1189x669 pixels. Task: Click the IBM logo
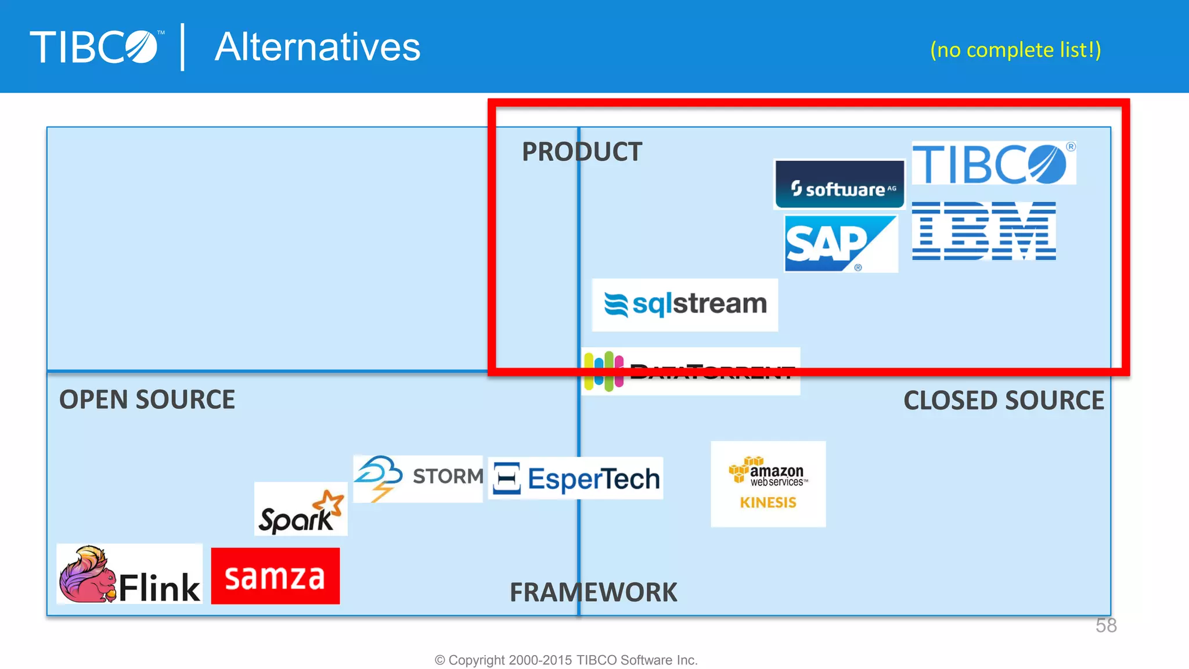click(983, 231)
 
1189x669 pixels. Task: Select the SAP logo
click(840, 243)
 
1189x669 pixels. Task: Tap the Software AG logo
click(840, 185)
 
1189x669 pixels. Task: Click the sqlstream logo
click(685, 305)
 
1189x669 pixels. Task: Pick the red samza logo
click(275, 576)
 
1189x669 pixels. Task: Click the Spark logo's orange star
click(332, 502)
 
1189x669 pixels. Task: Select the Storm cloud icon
click(379, 476)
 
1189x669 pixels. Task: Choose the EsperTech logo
click(576, 479)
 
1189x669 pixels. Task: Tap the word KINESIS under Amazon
click(768, 503)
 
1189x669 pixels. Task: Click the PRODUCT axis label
click(582, 152)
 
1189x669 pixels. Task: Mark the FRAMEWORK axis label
click(593, 593)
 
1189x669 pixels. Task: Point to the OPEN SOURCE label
click(147, 400)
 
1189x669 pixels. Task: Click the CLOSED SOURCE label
click(1003, 401)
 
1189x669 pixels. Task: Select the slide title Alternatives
click(318, 47)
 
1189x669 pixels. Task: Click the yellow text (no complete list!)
click(1015, 50)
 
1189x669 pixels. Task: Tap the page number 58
click(1106, 625)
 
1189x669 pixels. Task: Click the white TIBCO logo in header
click(95, 47)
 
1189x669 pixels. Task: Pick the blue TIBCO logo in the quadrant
click(993, 164)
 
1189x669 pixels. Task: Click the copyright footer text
click(566, 660)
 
